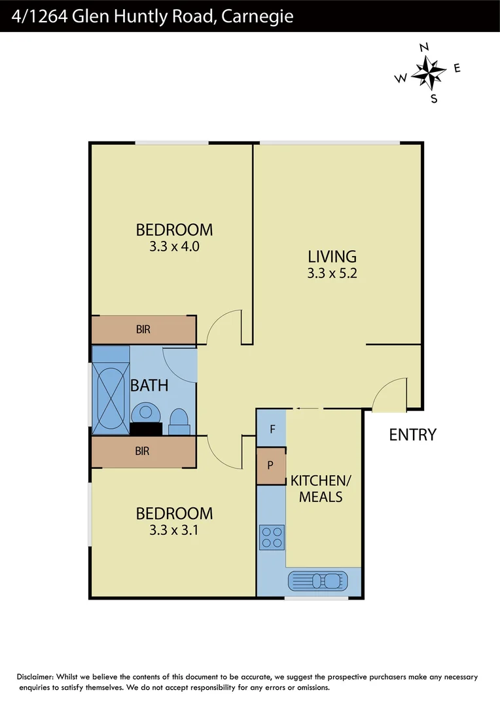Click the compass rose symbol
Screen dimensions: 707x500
[x=429, y=73]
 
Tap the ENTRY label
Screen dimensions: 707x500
[x=412, y=435]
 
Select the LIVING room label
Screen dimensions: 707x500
[x=332, y=257]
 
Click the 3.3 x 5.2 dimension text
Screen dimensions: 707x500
[x=332, y=274]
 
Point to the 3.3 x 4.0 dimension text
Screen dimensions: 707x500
[x=174, y=247]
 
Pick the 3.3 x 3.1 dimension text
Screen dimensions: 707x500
[x=174, y=530]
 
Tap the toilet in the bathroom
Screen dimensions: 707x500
[x=179, y=420]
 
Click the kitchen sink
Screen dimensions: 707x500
[x=324, y=581]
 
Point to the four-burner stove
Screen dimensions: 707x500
[x=272, y=537]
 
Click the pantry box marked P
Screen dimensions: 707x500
[x=270, y=466]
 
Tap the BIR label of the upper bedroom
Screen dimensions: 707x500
[x=143, y=330]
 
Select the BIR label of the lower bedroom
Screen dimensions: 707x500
[x=143, y=451]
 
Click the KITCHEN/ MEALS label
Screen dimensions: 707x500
[x=321, y=488]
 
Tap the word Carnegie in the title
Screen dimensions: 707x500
[x=257, y=16]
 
